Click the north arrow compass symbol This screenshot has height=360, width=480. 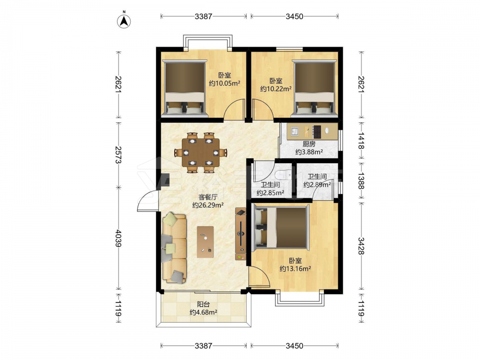click(124, 21)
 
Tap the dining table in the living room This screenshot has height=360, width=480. click(201, 152)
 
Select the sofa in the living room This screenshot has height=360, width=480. click(175, 248)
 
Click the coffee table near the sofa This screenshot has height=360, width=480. click(205, 242)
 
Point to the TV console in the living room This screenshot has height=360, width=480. click(240, 234)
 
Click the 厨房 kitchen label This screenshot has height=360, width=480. click(309, 144)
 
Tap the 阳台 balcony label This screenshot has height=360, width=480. click(203, 304)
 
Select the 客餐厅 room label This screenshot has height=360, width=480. click(208, 197)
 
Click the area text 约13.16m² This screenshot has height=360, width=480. click(295, 269)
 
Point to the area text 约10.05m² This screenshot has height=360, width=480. click(224, 83)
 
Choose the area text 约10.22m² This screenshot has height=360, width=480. click(276, 89)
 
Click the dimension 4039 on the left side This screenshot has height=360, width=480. click(119, 239)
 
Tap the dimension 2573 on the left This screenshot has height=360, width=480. click(119, 155)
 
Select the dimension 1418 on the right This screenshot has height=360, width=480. click(361, 141)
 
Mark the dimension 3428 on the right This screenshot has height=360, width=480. click(361, 246)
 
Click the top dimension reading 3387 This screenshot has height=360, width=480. click(203, 16)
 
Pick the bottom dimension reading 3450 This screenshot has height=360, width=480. click(295, 346)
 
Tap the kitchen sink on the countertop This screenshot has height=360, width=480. click(295, 131)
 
